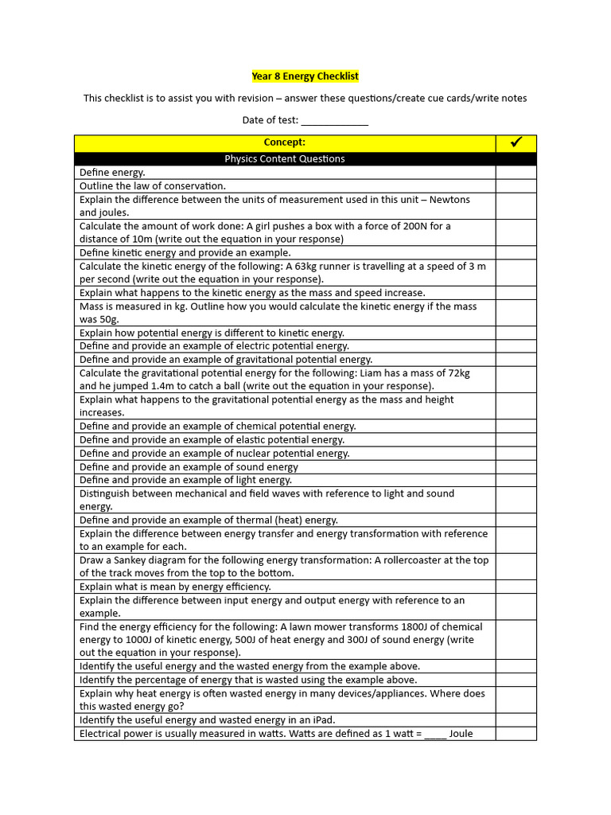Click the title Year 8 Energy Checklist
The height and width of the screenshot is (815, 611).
pos(305,76)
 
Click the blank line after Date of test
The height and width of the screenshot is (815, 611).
pos(334,121)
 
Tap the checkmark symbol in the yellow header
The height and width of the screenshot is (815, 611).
pos(516,142)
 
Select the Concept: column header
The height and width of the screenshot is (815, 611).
pos(285,142)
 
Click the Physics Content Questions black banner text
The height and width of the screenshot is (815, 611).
pos(285,159)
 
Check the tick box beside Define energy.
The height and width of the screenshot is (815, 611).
pos(516,172)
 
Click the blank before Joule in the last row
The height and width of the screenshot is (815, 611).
pos(435,734)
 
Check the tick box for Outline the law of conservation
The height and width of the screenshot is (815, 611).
pos(516,185)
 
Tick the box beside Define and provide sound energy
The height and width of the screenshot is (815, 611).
pos(516,467)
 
